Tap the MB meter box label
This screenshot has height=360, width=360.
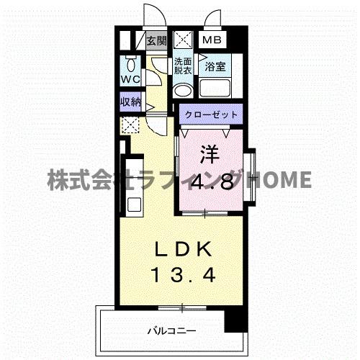click(x=211, y=41)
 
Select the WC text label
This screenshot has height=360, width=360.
click(x=130, y=78)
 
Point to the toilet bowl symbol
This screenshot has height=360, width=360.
click(x=131, y=63)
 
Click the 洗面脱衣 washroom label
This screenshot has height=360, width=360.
click(x=182, y=66)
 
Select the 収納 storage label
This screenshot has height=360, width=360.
click(x=130, y=102)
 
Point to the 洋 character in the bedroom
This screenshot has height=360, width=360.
click(x=208, y=153)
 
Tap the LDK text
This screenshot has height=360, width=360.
click(x=184, y=249)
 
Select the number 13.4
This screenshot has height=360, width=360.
click(x=184, y=274)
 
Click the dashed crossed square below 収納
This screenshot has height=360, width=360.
click(x=131, y=126)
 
